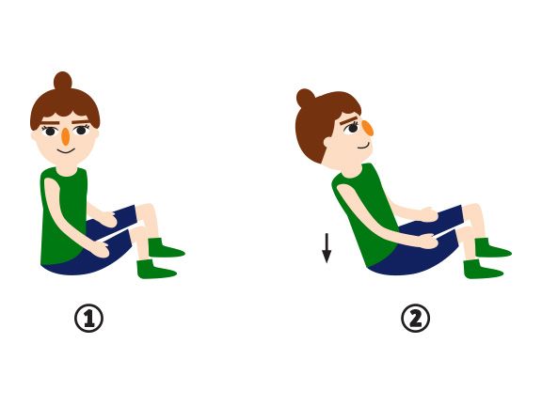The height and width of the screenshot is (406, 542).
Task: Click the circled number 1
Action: tap(88, 320)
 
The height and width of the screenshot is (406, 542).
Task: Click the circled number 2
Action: tap(415, 320)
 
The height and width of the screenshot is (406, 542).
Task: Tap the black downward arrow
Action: tap(327, 248)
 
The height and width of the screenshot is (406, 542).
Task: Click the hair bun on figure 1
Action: tap(62, 81)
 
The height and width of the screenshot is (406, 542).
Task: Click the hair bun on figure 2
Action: tap(306, 99)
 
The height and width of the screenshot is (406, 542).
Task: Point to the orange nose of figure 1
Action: tap(65, 136)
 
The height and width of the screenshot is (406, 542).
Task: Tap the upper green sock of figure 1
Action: tap(165, 249)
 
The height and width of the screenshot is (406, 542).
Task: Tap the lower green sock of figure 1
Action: tap(155, 270)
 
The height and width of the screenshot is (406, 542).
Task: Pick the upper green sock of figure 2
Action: tap(491, 249)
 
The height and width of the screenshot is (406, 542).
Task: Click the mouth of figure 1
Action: tap(65, 151)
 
